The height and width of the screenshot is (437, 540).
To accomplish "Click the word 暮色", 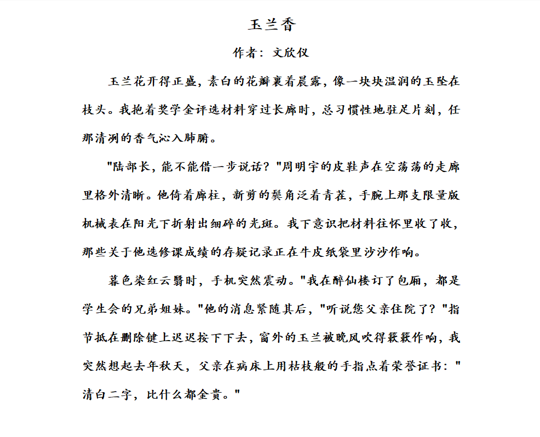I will [120, 281].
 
